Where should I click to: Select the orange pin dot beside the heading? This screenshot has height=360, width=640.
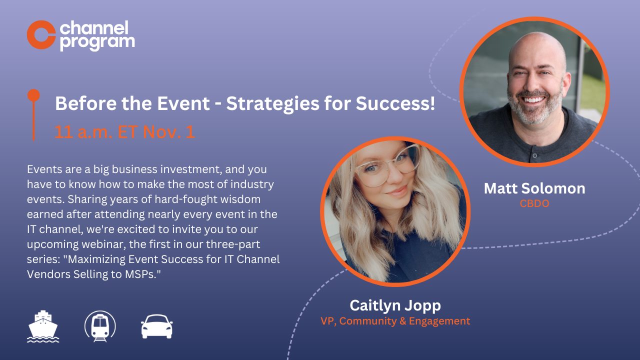point(33,95)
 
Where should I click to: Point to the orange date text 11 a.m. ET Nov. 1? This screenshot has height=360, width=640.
point(124,132)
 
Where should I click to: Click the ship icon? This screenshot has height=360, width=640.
point(43,326)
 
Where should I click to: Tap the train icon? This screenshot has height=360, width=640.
point(100,326)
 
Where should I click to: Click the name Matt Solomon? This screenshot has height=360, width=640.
point(534,188)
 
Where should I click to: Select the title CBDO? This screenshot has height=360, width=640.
point(534,203)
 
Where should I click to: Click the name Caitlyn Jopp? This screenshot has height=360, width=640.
point(395,305)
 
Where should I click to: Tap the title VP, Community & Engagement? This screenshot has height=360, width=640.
point(395,321)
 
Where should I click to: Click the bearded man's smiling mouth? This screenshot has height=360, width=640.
point(534,100)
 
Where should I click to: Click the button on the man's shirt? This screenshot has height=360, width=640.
point(534,155)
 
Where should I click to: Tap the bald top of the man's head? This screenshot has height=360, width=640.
point(535,42)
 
